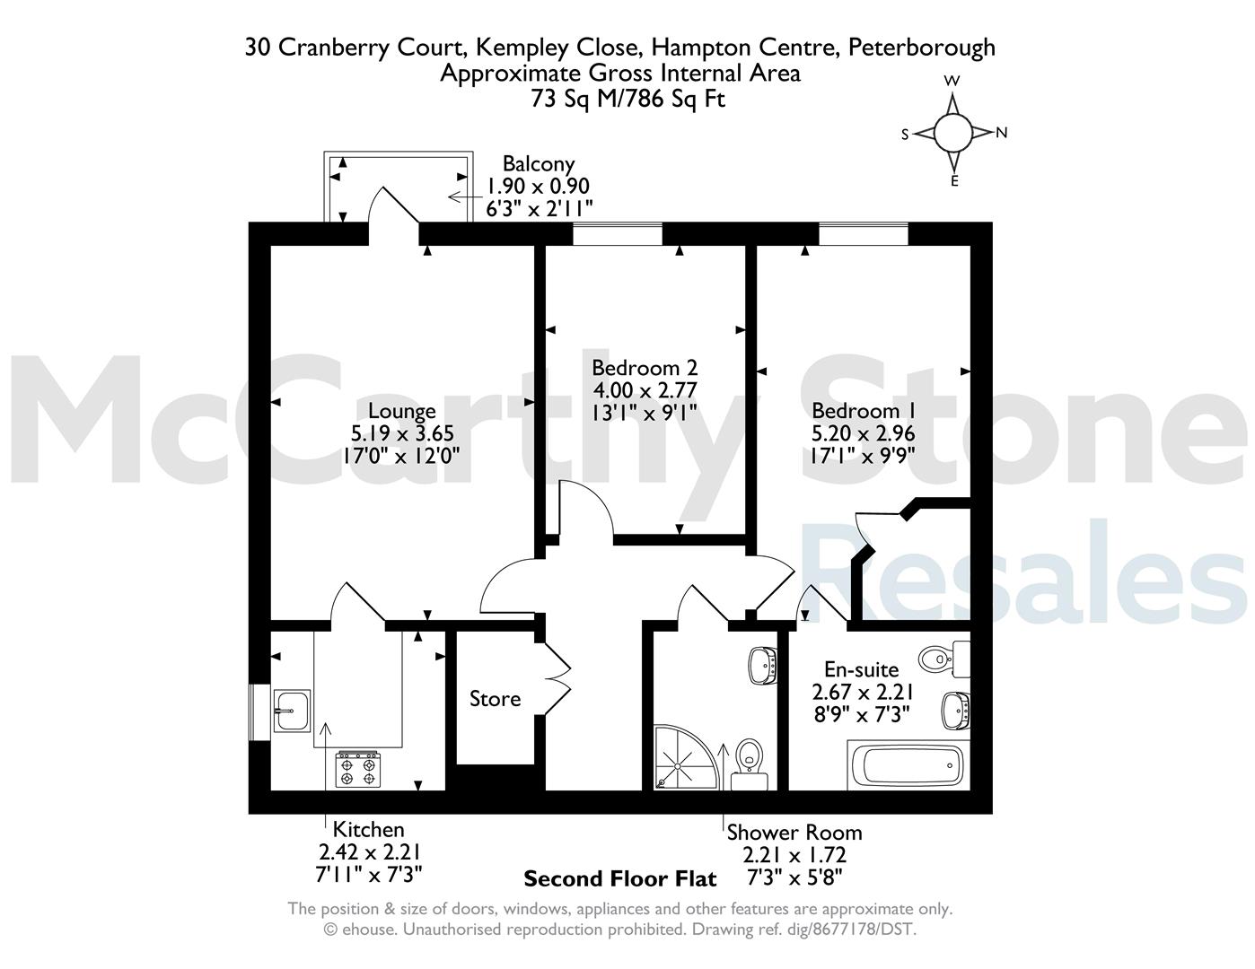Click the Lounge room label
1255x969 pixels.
[402, 411]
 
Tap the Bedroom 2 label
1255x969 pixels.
[645, 368]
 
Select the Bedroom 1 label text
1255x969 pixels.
[864, 411]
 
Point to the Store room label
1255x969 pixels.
[495, 699]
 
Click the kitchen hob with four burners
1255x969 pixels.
[358, 769]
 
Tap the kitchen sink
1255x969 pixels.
[292, 711]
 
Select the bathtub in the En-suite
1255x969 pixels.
[908, 765]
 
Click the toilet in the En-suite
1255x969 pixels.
[943, 659]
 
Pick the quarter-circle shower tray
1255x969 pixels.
[686, 757]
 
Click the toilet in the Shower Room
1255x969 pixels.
[750, 764]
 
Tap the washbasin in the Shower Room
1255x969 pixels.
[762, 666]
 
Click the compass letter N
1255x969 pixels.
[1002, 133]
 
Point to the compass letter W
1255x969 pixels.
[952, 81]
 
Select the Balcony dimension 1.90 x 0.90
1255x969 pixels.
[539, 187]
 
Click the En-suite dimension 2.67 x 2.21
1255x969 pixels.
[863, 692]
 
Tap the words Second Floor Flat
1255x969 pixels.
[620, 879]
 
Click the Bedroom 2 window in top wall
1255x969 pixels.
[618, 234]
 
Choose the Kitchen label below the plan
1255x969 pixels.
[368, 829]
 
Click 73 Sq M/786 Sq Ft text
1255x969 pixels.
[627, 99]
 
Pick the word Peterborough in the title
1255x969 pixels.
[922, 48]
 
